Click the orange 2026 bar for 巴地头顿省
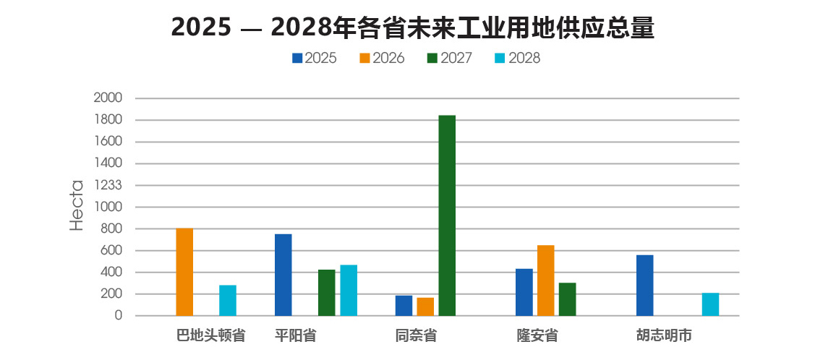click(x=184, y=272)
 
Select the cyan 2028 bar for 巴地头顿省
click(x=228, y=300)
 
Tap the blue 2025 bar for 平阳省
click(x=283, y=275)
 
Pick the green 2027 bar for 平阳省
click(x=326, y=292)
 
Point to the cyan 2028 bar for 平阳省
click(x=349, y=290)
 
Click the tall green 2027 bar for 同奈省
click(x=447, y=215)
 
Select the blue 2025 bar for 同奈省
click(x=404, y=305)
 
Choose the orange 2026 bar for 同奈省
click(x=425, y=307)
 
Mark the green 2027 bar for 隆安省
click(x=568, y=299)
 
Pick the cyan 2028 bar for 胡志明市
click(x=710, y=304)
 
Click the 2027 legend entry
click(x=449, y=59)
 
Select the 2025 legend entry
click(x=314, y=59)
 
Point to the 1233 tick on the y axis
click(x=108, y=185)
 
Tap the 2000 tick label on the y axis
click(x=108, y=98)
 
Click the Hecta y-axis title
click(x=77, y=206)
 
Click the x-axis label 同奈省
click(x=416, y=335)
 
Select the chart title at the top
click(x=413, y=27)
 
